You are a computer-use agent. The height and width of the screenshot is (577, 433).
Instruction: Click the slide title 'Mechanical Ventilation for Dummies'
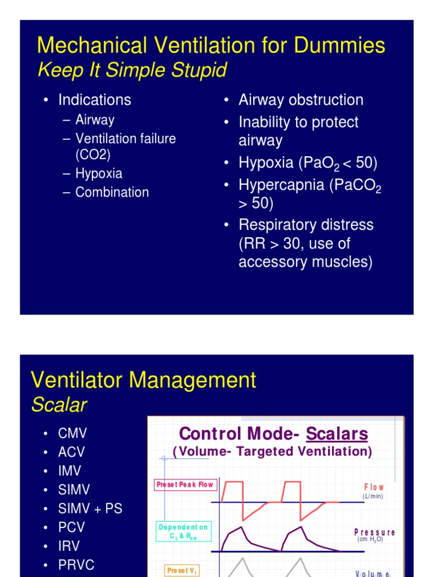pyautogui.click(x=211, y=46)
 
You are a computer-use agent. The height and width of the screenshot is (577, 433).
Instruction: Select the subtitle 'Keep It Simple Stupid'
pyautogui.click(x=131, y=70)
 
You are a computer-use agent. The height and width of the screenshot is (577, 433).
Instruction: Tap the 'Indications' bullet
pyautogui.click(x=94, y=100)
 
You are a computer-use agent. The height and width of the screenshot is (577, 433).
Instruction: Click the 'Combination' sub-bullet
pyautogui.click(x=112, y=192)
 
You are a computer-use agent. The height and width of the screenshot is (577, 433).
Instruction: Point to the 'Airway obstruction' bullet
pyautogui.click(x=301, y=100)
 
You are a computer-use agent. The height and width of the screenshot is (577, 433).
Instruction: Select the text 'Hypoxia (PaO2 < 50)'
pyautogui.click(x=308, y=163)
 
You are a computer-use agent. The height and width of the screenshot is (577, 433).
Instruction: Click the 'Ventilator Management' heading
pyautogui.click(x=143, y=380)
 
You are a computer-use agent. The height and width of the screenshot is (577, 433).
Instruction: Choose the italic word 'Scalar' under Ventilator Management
pyautogui.click(x=59, y=405)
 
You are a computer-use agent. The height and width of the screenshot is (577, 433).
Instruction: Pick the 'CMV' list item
pyautogui.click(x=73, y=434)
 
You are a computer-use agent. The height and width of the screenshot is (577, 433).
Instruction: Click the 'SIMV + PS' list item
pyautogui.click(x=90, y=509)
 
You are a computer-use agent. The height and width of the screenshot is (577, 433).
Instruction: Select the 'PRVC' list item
pyautogui.click(x=76, y=565)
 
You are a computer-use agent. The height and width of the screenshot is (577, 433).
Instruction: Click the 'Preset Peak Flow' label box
pyautogui.click(x=184, y=485)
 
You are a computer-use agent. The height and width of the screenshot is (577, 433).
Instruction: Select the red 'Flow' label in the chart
pyautogui.click(x=374, y=487)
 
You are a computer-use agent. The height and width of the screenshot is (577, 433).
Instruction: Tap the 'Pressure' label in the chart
pyautogui.click(x=374, y=532)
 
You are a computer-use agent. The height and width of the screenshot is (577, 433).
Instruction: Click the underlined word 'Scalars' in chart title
pyautogui.click(x=337, y=434)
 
